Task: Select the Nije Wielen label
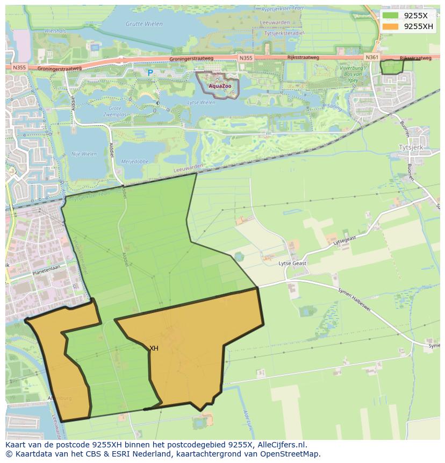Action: point(84,154)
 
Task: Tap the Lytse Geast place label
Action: point(292,263)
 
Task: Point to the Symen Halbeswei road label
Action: point(355,297)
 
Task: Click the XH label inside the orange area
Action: point(154,348)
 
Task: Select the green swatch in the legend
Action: point(391,16)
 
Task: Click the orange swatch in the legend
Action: point(391,26)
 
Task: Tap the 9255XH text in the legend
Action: point(418,26)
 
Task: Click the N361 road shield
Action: point(371,57)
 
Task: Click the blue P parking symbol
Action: point(150,73)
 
